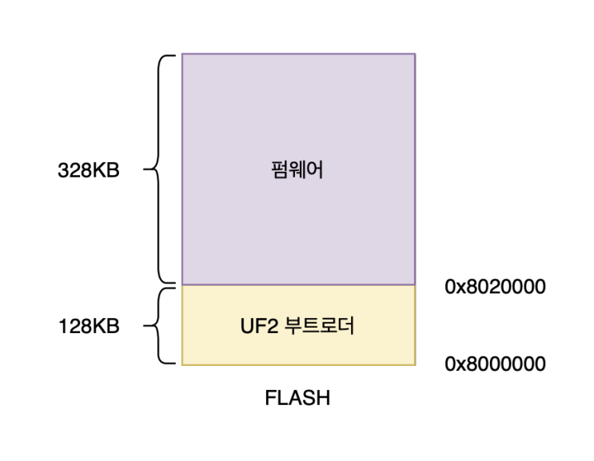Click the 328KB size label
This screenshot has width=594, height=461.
(x=88, y=170)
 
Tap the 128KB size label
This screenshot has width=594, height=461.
(x=88, y=326)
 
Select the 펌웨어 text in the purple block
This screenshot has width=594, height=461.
(x=297, y=170)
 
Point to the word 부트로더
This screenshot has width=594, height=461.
(x=321, y=326)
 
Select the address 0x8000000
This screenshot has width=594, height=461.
(x=495, y=364)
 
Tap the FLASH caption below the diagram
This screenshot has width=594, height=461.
(x=297, y=397)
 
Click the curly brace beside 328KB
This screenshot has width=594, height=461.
(x=163, y=170)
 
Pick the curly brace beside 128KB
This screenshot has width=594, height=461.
(x=163, y=326)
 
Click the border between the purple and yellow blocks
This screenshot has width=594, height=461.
(x=298, y=285)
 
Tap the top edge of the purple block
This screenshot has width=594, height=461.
(x=298, y=54)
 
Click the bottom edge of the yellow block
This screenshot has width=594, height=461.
(x=298, y=365)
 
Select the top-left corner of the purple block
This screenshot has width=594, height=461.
(x=182, y=54)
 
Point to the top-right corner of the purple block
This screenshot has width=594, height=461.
(x=415, y=54)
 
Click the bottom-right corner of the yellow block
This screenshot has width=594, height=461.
(x=415, y=365)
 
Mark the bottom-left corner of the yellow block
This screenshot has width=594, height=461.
(x=182, y=365)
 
